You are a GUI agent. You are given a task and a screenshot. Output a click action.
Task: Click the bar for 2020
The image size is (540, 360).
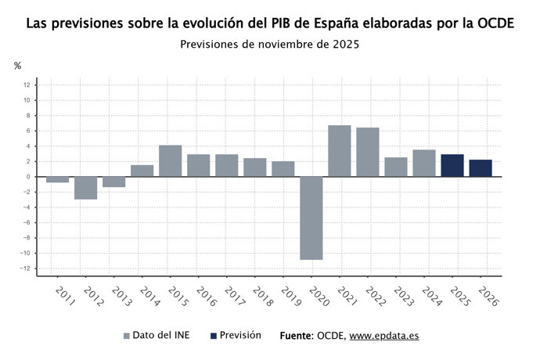(311, 218)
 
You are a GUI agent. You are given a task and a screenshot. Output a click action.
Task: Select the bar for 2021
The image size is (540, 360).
(340, 151)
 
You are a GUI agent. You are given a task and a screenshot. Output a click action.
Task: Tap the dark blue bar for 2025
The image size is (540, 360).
(452, 165)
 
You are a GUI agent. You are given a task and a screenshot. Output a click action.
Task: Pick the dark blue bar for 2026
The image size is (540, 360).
(481, 168)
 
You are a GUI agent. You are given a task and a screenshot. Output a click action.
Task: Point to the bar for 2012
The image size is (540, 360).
(86, 188)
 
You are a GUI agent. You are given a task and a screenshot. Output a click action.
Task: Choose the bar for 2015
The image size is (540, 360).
(171, 161)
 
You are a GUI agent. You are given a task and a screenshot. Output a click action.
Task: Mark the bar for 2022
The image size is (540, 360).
(368, 152)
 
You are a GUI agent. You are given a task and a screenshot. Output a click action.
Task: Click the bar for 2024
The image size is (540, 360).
(424, 163)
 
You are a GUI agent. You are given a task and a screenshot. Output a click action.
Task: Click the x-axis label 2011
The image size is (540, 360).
(64, 297)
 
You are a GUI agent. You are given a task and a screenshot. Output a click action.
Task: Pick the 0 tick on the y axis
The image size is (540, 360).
(28, 177)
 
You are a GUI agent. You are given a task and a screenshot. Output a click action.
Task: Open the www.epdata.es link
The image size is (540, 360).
(383, 336)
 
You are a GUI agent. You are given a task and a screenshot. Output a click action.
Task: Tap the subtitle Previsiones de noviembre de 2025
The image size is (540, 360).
(269, 45)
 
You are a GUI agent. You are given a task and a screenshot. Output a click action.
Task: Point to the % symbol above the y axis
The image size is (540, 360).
(17, 66)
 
